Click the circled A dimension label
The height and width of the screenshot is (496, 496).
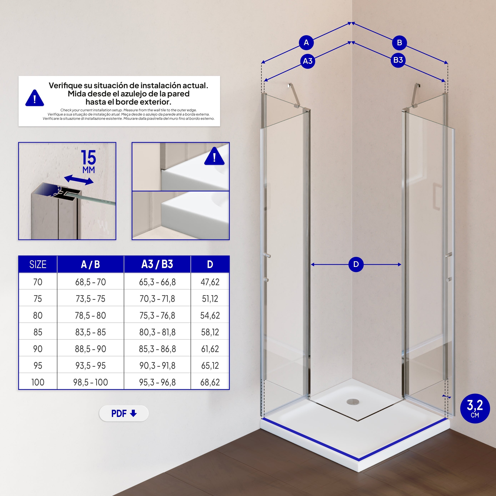tap(306, 43)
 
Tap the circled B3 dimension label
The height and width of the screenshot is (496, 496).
tap(398, 60)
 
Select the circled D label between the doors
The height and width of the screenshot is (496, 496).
tap(356, 264)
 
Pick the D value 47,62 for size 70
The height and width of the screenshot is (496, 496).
tap(210, 282)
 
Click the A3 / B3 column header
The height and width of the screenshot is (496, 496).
tap(157, 264)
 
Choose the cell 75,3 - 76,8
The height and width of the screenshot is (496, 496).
tap(157, 315)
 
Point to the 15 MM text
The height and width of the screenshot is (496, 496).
tap(89, 161)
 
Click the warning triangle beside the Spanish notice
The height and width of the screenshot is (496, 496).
tap(35, 98)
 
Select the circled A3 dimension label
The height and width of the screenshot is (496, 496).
tap(308, 61)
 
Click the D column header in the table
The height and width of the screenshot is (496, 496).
tap(210, 264)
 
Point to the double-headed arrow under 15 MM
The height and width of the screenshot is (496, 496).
tap(79, 180)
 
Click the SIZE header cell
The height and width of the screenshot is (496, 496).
tap(38, 264)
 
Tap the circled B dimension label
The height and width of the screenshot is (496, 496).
tap(399, 43)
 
